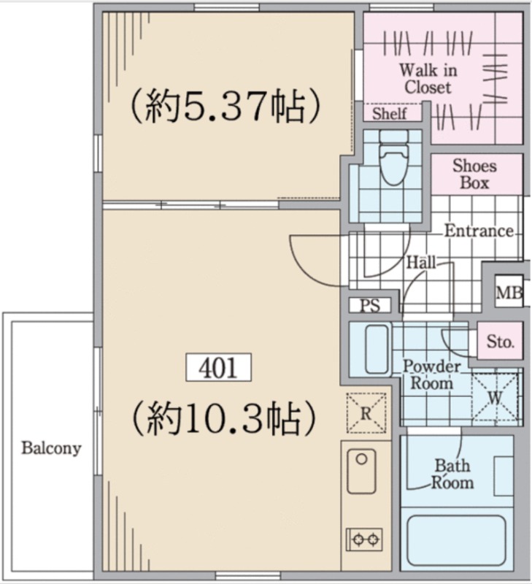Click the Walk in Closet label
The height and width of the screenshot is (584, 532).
point(428,79)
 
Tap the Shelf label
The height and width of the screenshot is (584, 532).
point(390,114)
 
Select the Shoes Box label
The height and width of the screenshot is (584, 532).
point(474,174)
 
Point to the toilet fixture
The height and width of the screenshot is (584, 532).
point(393,158)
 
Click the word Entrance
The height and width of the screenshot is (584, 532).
point(479,231)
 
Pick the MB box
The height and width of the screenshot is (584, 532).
point(509,293)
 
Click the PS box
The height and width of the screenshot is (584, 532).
point(370,305)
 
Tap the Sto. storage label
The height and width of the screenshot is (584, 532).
point(501,341)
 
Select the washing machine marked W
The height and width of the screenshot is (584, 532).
point(495,397)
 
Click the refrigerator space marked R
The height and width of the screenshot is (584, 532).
point(366,413)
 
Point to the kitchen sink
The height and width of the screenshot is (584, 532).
point(361,471)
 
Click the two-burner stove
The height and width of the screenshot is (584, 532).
point(364,539)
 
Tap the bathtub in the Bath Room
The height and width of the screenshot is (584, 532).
point(456,540)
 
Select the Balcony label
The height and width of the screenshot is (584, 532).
point(51,448)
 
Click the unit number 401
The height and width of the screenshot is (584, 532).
point(218,367)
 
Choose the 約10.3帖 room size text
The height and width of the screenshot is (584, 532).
point(224,418)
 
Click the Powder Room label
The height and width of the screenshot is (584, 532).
point(432,375)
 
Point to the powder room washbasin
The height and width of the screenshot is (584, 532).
point(377,349)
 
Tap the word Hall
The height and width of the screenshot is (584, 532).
point(421,263)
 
